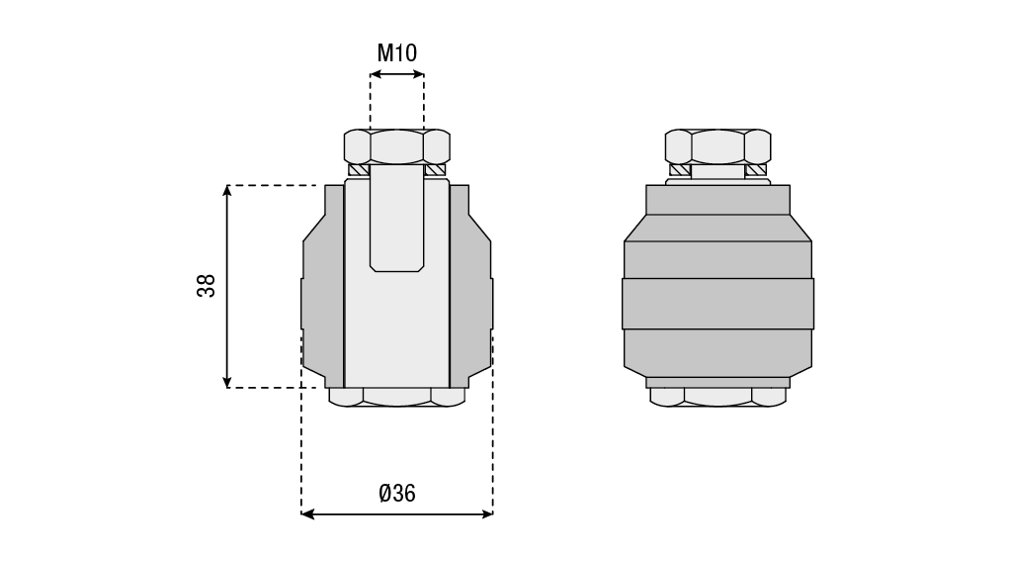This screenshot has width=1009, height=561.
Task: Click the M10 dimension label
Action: (397, 52)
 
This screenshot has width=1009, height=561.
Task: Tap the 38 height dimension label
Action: (207, 285)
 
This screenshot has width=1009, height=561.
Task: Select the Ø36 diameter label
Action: (397, 494)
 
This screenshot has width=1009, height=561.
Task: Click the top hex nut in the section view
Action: (397, 146)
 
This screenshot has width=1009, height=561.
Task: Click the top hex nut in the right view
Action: (717, 146)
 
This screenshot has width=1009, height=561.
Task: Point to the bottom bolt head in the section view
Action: (397, 397)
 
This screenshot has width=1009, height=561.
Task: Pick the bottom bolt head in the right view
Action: (717, 397)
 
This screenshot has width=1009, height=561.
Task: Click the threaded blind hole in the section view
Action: (397, 218)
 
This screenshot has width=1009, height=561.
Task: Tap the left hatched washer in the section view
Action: (359, 170)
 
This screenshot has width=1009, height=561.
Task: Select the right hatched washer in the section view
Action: (436, 170)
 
